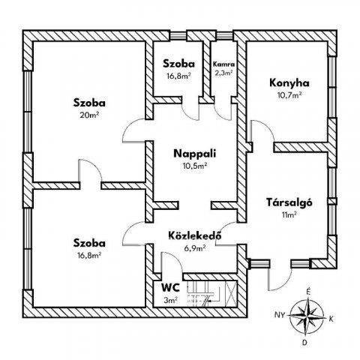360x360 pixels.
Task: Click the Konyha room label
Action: tap(289, 83)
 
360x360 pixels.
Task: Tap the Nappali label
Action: tap(194, 154)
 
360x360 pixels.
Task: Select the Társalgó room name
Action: tap(289, 202)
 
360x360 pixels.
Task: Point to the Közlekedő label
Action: tap(195, 235)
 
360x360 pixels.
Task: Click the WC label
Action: tap(170, 288)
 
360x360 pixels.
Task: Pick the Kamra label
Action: tap(223, 64)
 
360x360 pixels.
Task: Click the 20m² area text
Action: tap(89, 115)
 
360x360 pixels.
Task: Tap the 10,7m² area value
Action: tap(289, 95)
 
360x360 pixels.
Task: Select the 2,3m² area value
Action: tap(223, 73)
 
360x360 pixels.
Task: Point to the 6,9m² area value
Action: tap(195, 248)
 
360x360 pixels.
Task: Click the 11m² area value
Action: tap(289, 214)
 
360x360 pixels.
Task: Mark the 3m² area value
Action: tap(170, 300)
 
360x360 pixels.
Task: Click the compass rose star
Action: tap(307, 315)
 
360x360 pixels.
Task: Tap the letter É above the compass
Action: tap(309, 292)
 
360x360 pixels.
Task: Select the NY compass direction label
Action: tap(280, 315)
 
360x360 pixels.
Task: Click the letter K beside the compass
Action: tap(331, 319)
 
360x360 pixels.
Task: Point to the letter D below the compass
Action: tap(304, 343)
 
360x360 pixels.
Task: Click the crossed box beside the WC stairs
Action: tap(231, 293)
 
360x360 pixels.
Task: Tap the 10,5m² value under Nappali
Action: tap(194, 166)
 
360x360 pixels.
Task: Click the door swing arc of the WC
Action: tap(176, 257)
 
